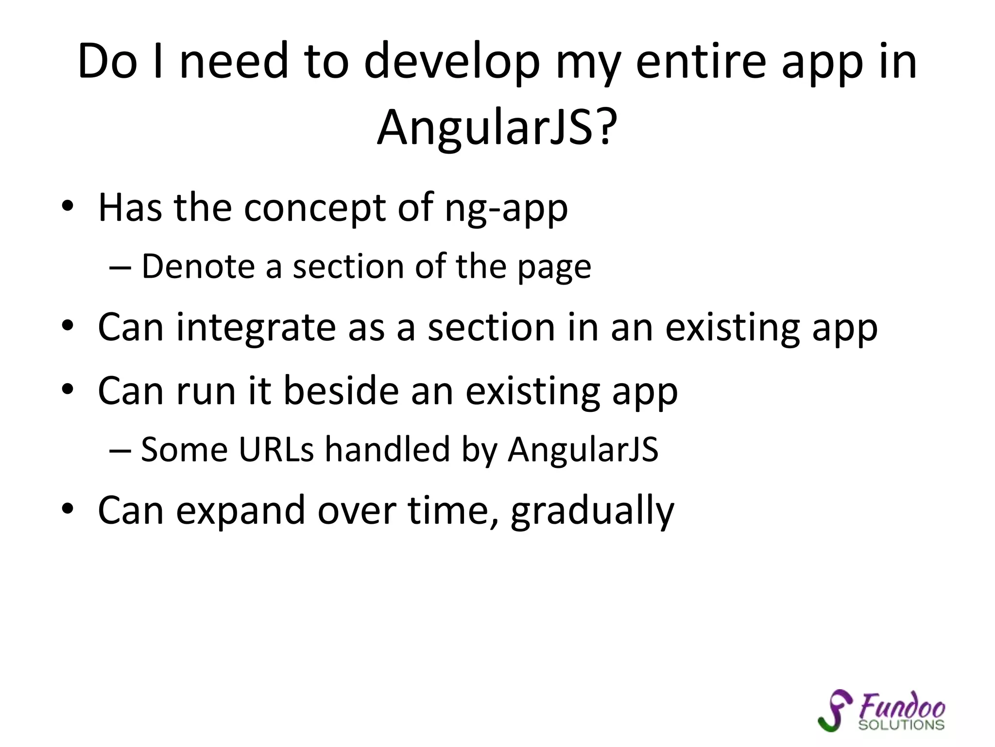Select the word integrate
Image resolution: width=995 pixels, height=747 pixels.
click(x=256, y=328)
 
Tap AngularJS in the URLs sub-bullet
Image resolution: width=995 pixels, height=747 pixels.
click(x=583, y=450)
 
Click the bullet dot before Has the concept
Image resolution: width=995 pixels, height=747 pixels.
click(x=68, y=206)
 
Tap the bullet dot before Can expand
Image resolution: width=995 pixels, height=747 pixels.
click(x=68, y=509)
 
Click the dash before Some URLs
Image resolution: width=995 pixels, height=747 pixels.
click(x=120, y=450)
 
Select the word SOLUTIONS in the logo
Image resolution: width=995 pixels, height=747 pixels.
click(x=901, y=725)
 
